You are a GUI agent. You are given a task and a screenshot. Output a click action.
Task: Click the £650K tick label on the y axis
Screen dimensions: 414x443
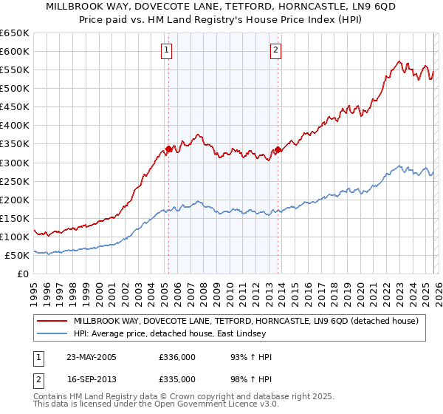pyautogui.click(x=15, y=33)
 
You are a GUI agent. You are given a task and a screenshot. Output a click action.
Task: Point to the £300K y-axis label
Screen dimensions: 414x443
pyautogui.click(x=15, y=163)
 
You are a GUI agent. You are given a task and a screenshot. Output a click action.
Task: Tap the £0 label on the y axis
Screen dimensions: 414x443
pyautogui.click(x=23, y=274)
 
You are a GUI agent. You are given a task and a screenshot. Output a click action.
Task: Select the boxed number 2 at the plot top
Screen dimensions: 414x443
pyautogui.click(x=275, y=50)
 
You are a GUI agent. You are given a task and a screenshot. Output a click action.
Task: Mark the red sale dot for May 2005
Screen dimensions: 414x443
pyautogui.click(x=168, y=149)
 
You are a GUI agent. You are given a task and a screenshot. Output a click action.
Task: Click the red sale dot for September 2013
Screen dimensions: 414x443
pyautogui.click(x=278, y=149)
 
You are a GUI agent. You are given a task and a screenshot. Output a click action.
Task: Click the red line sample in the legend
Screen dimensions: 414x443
pyautogui.click(x=52, y=322)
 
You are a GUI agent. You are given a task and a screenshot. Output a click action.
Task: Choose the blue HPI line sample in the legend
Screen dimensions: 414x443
pyautogui.click(x=52, y=334)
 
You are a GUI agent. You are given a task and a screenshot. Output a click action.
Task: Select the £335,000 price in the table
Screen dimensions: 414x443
pyautogui.click(x=178, y=379)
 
